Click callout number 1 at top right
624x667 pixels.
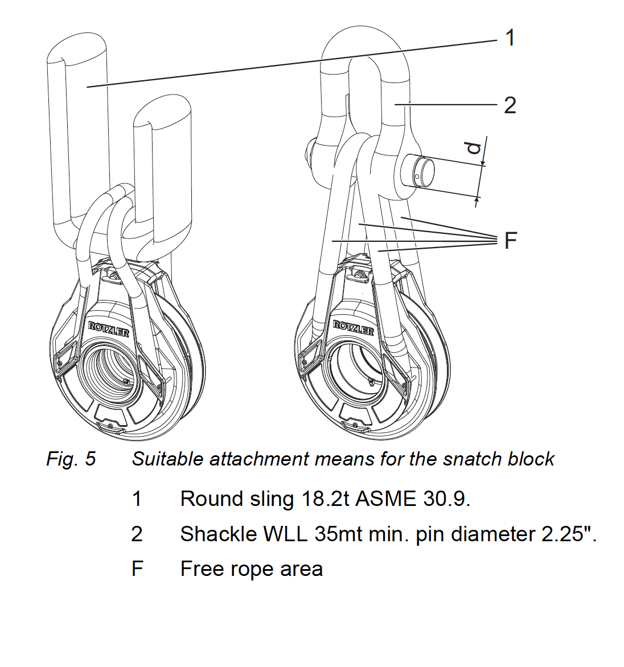coord(510,38)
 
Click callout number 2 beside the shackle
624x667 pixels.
coord(510,105)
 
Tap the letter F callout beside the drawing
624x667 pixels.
coord(511,240)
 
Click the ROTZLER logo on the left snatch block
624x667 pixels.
coord(109,329)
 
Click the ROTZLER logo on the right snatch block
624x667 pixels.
coord(354,328)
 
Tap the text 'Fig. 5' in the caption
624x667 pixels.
coord(71,459)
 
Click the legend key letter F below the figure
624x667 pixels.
coord(137,569)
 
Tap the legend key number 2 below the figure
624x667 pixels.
coord(137,534)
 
